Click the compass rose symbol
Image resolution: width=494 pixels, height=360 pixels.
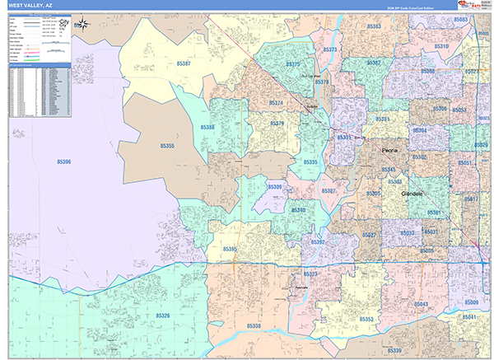point(83,24)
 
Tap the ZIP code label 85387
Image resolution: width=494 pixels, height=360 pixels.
point(184,63)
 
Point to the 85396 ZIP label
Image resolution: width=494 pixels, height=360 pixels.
point(63,162)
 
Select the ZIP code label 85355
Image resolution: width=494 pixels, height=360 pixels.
point(167,146)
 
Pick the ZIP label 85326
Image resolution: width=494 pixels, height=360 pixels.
point(161,316)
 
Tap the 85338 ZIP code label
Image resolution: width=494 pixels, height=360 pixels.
point(254,326)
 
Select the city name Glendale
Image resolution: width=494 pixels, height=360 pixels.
point(411,194)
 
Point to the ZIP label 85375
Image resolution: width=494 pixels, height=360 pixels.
point(293,63)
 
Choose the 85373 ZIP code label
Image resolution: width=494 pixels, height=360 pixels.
point(330,50)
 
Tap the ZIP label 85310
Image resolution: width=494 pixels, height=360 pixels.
point(442,47)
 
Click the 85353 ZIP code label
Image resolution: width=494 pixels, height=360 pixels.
point(366,318)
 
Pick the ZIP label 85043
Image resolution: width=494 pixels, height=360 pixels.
point(421,304)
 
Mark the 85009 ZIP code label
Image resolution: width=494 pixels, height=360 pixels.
point(470,304)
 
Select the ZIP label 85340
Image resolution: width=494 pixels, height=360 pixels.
point(298,211)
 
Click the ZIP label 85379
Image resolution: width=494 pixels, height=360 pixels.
point(277,124)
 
